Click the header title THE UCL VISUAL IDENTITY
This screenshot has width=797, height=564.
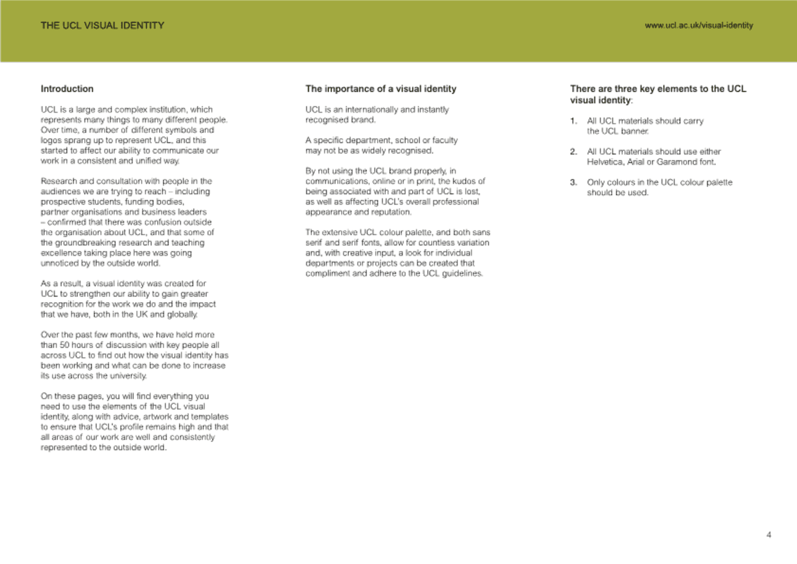[103, 25]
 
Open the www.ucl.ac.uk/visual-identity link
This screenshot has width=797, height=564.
[699, 25]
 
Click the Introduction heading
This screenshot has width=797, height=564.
[67, 89]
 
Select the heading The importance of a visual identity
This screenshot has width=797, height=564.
[381, 89]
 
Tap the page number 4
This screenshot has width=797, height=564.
[769, 535]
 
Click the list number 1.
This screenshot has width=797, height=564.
[573, 121]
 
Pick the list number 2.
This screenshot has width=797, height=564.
[573, 152]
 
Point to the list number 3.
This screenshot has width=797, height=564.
[573, 182]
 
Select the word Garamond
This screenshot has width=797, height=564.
[677, 162]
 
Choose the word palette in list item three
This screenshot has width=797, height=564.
[719, 182]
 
